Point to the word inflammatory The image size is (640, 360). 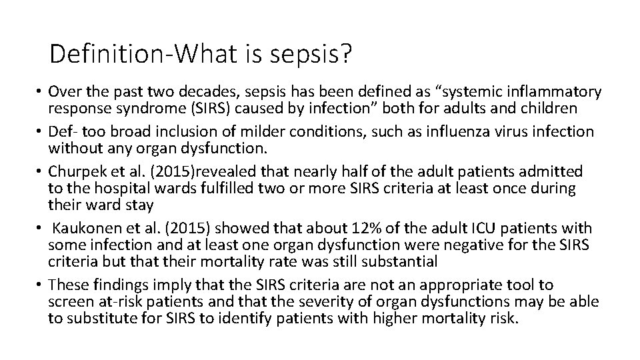[x=545, y=91]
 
